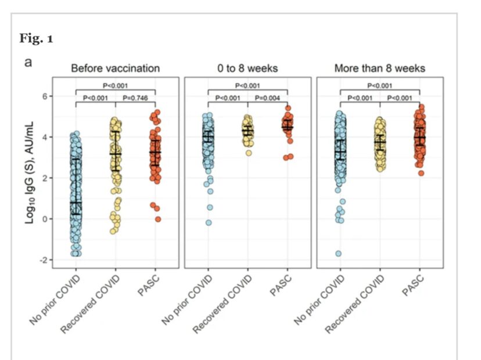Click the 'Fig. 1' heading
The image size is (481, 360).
36,39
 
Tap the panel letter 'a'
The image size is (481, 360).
28,62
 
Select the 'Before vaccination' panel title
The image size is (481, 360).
116,68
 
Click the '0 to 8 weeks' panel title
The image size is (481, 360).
247,68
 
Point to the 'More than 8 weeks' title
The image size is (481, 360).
380,68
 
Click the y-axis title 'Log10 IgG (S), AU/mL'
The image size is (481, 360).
30,172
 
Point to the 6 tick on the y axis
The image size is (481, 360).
45,96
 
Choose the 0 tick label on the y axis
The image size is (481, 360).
45,219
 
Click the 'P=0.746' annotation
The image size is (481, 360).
135,98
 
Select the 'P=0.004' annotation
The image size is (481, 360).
267,98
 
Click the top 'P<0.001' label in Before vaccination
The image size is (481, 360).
115,85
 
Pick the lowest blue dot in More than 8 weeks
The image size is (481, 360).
338,254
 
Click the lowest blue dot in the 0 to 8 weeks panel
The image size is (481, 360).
209,222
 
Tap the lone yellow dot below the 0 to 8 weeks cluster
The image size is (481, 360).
249,153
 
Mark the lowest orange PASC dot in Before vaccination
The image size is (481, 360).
158,219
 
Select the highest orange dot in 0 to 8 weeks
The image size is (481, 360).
288,108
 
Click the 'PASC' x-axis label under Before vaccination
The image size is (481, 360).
149,286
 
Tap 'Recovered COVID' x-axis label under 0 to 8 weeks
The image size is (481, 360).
222,304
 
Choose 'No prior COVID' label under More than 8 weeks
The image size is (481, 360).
320,300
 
